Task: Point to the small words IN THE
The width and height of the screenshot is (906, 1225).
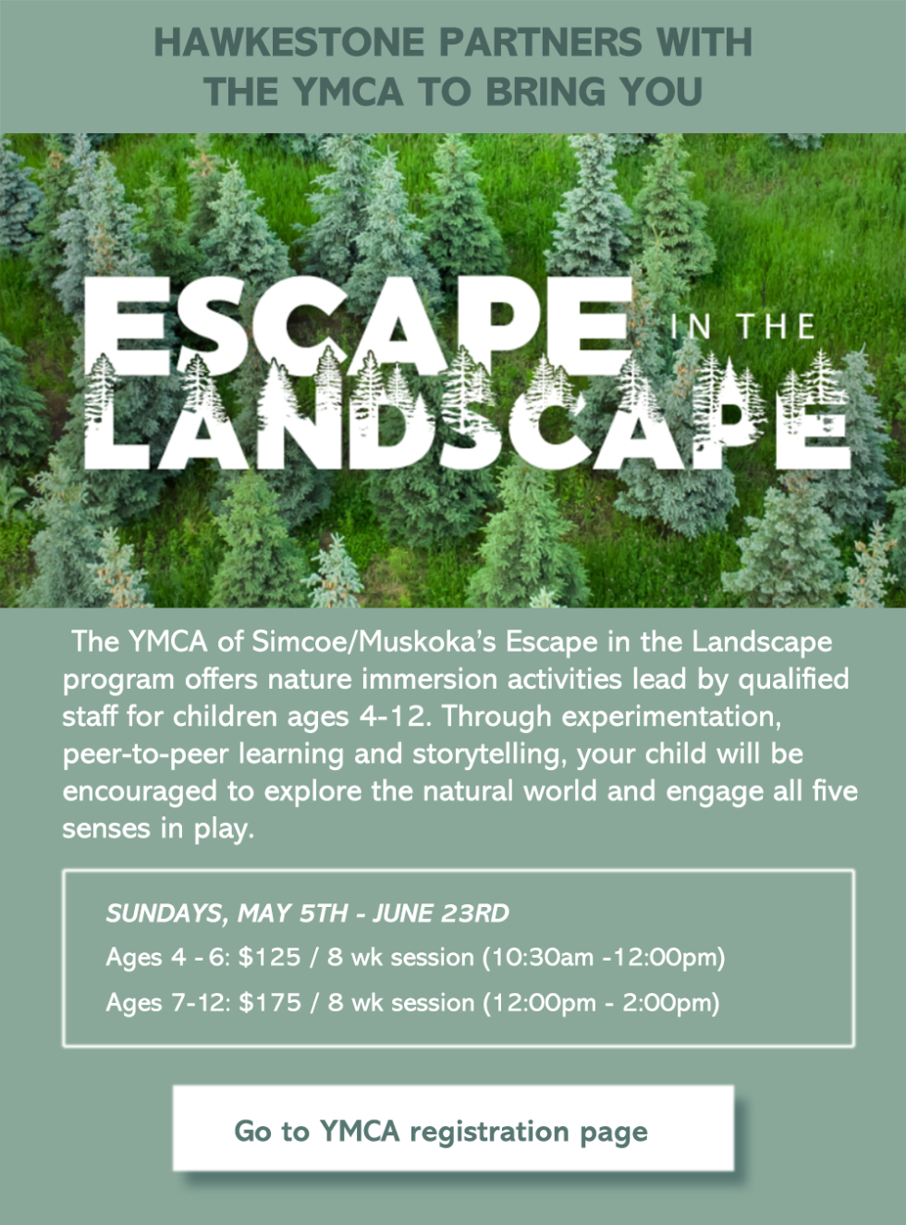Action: [x=741, y=325]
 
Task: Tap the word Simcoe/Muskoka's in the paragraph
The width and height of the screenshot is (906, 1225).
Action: [x=373, y=642]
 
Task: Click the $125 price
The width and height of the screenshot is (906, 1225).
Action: [x=270, y=957]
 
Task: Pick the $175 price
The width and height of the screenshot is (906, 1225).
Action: [x=270, y=1002]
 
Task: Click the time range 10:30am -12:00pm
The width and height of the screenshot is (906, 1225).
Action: [x=605, y=958]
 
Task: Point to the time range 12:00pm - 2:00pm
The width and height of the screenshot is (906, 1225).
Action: [x=602, y=1003]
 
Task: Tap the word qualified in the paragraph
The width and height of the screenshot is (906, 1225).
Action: [x=793, y=680]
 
